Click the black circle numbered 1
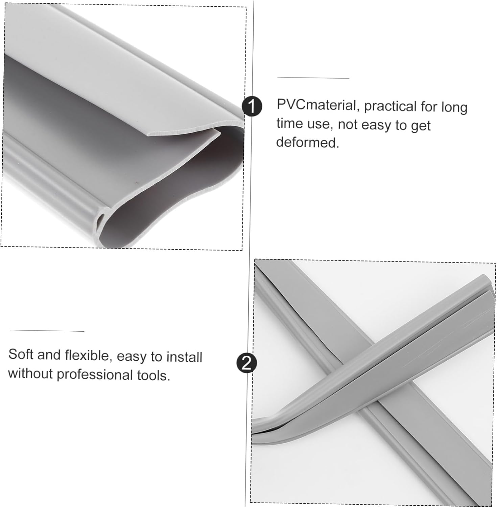pyautogui.click(x=252, y=106)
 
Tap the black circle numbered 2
pyautogui.click(x=247, y=363)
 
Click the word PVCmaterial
pyautogui.click(x=316, y=105)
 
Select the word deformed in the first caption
pyautogui.click(x=307, y=143)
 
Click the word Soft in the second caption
pyautogui.click(x=21, y=355)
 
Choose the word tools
pyautogui.click(x=154, y=376)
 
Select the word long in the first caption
pyautogui.click(x=454, y=108)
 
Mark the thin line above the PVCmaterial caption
pyautogui.click(x=313, y=78)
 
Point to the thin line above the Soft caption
pyautogui.click(x=47, y=331)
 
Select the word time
pyautogui.click(x=289, y=123)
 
